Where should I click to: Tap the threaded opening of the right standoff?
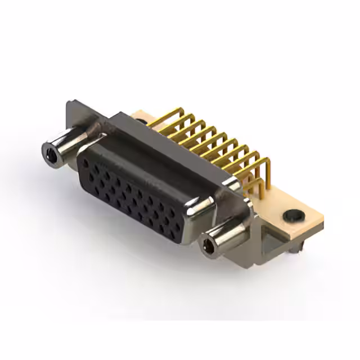pos(208,245)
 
